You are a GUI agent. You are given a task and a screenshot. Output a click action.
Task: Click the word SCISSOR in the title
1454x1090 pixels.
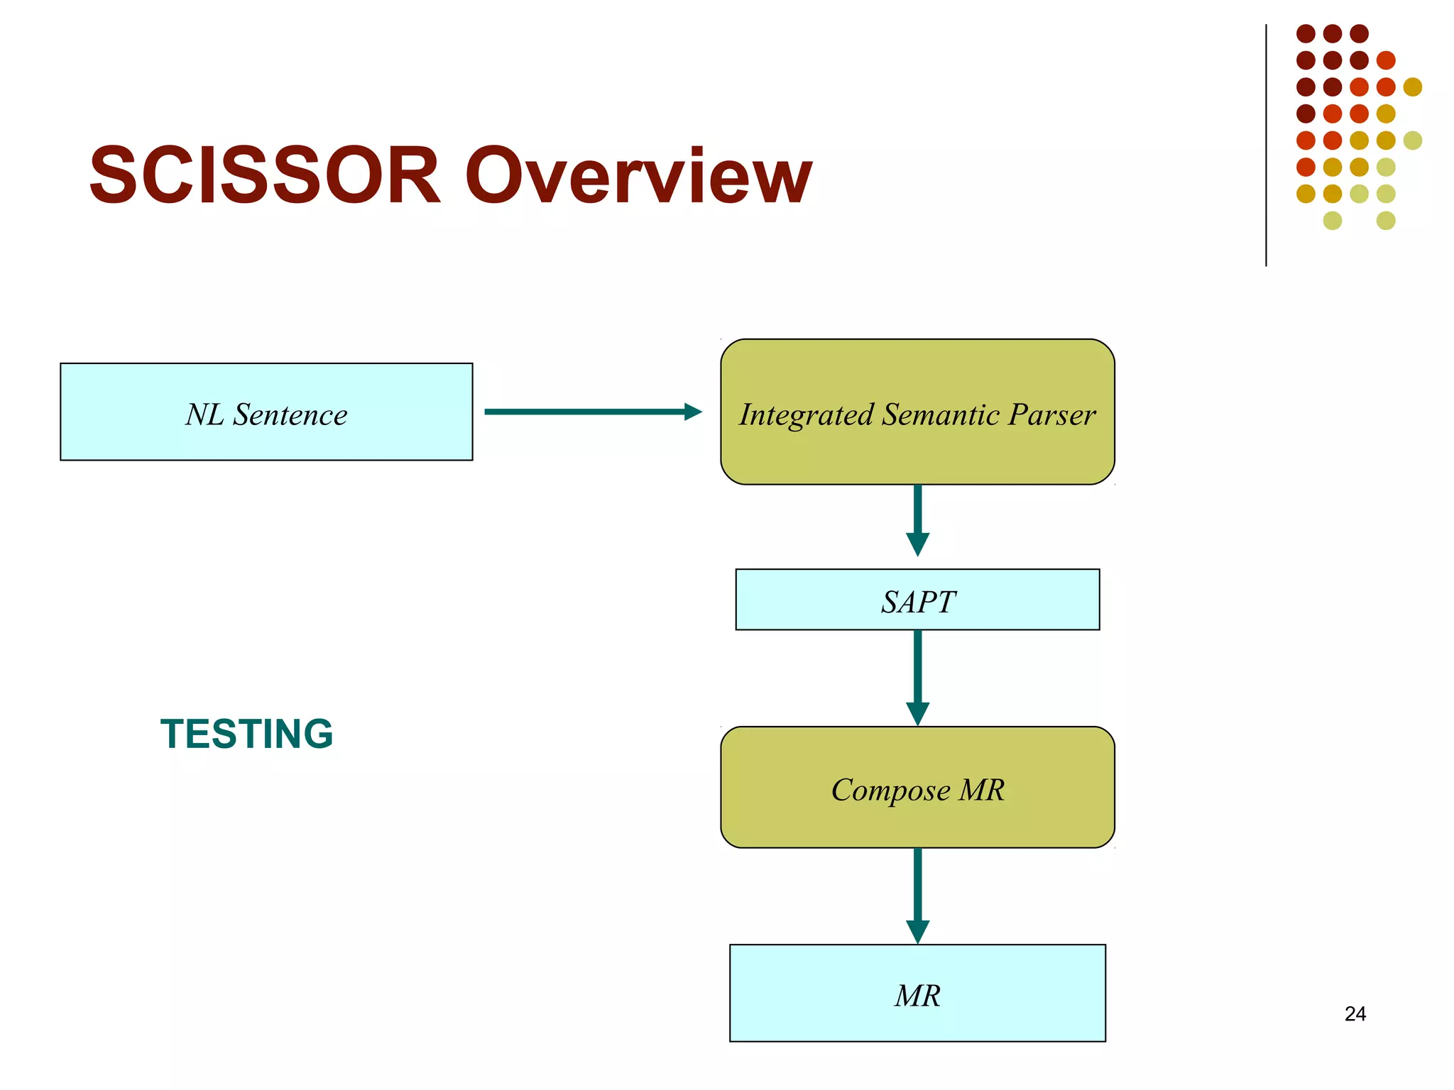pyautogui.click(x=264, y=175)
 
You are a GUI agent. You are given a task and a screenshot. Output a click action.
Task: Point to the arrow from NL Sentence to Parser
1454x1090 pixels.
pyautogui.click(x=592, y=412)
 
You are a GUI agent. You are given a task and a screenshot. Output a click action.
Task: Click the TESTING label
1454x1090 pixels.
pyautogui.click(x=246, y=734)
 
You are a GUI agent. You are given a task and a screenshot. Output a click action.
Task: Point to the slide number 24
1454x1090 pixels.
pyautogui.click(x=1355, y=1013)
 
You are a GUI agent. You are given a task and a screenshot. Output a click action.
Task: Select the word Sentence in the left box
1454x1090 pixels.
pyautogui.click(x=290, y=415)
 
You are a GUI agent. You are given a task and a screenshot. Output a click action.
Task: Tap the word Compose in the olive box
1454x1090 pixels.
pyautogui.click(x=890, y=791)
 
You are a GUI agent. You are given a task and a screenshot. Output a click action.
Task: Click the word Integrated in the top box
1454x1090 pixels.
pyautogui.click(x=806, y=415)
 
